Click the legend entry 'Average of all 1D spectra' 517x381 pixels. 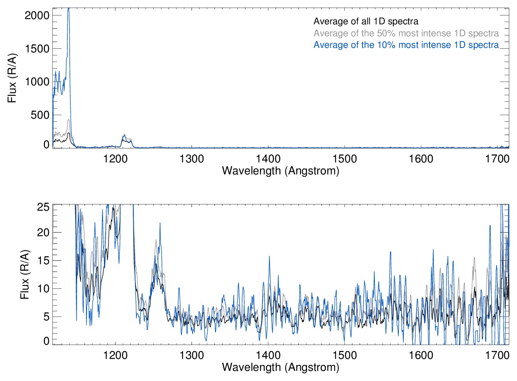[365, 21]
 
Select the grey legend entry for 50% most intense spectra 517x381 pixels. [406, 33]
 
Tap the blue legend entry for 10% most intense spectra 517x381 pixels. [406, 45]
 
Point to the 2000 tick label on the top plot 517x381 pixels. [37, 15]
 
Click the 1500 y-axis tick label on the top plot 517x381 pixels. [37, 49]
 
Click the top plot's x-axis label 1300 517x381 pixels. [192, 159]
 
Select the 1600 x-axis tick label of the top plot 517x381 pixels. [421, 159]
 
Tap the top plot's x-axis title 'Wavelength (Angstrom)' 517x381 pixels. [281, 171]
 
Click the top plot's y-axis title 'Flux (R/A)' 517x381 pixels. [12, 78]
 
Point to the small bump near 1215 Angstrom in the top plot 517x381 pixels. [125, 137]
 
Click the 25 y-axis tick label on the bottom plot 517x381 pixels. [43, 207]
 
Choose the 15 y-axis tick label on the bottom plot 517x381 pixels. [43, 260]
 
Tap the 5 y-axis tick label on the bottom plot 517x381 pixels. [46, 317]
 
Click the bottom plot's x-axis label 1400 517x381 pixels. [268, 355]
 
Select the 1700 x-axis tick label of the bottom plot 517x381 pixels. [497, 355]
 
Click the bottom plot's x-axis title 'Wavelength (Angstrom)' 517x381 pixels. [281, 367]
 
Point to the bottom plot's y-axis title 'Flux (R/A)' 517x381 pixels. [25, 275]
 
